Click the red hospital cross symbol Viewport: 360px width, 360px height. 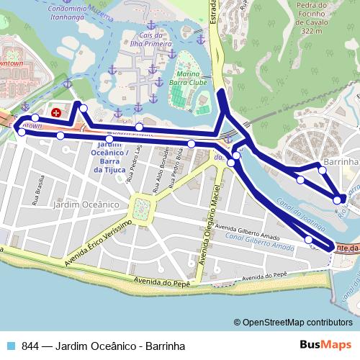click(56, 112)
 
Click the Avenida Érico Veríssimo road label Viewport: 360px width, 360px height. click(96, 244)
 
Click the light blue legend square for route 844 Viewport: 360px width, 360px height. click(9, 346)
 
